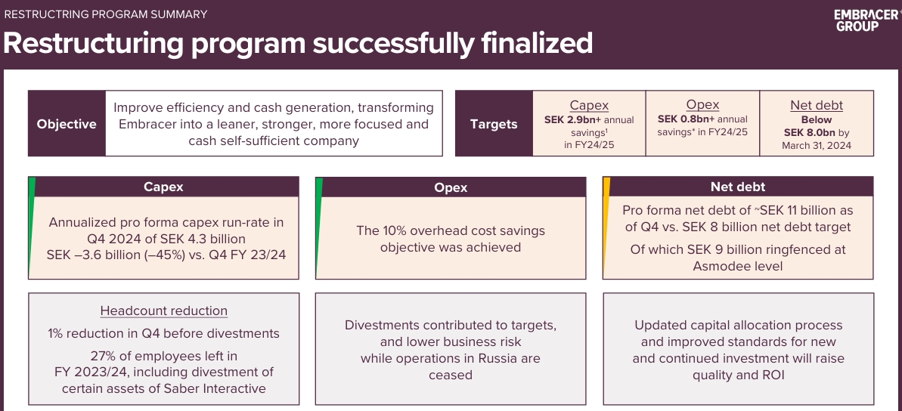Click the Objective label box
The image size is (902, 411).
tap(67, 124)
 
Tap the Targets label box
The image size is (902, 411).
tap(494, 124)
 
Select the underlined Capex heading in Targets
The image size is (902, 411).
tap(589, 105)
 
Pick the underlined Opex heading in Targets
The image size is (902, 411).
tap(702, 104)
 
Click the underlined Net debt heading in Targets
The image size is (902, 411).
tap(817, 105)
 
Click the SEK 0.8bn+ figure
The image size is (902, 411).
tap(686, 119)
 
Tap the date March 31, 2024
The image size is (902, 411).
tap(817, 145)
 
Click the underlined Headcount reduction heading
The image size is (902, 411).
tap(164, 311)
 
